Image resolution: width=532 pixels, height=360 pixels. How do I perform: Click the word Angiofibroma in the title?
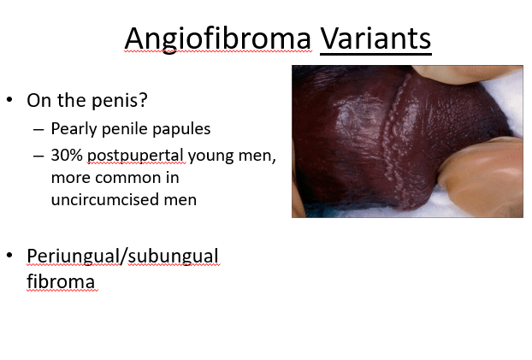pos(217,38)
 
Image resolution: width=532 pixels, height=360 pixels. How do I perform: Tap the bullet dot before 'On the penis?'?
pos(9,100)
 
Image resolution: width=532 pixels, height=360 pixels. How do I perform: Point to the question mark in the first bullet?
pos(144,99)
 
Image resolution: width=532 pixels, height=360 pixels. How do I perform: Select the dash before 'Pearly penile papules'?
pos(38,130)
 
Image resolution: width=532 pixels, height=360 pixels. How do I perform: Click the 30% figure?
pos(67,156)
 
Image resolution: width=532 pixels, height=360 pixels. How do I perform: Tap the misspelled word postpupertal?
pos(135,156)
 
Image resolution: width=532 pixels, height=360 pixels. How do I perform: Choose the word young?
pos(210,156)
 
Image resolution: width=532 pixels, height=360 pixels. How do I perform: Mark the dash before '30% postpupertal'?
pos(38,156)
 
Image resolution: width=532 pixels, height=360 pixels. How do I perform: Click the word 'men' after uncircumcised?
pos(180,200)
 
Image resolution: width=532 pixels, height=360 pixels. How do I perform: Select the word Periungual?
pos(74,257)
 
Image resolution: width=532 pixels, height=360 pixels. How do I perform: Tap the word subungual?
pos(173,257)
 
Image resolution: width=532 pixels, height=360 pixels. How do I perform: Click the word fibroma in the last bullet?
pos(61,281)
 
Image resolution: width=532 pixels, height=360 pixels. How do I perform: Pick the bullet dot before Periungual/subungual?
pos(9,255)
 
